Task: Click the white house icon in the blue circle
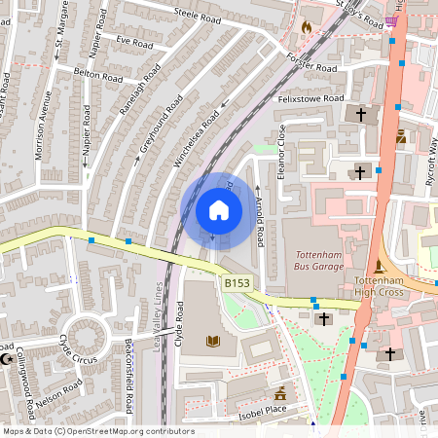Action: pyautogui.click(x=218, y=210)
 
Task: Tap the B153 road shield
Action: pyautogui.click(x=237, y=282)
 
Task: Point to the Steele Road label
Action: pyautogui.click(x=198, y=17)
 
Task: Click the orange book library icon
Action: pyautogui.click(x=213, y=341)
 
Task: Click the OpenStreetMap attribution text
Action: pyautogui.click(x=97, y=431)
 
